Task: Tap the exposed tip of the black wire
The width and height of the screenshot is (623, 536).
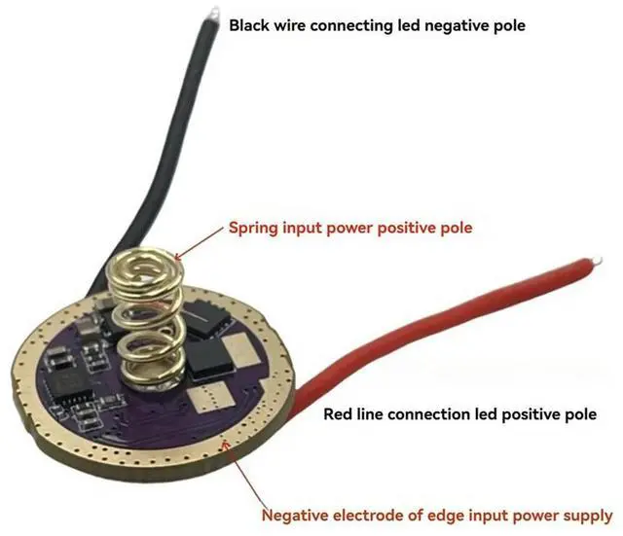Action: (x=211, y=13)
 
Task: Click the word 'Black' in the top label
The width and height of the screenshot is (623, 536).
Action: (x=249, y=25)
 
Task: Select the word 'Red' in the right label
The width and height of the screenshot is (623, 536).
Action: (x=339, y=414)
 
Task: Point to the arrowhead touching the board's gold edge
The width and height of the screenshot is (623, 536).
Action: (x=228, y=444)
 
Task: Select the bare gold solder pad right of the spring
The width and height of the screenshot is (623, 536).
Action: (x=239, y=348)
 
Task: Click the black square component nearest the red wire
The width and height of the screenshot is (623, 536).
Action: (x=211, y=360)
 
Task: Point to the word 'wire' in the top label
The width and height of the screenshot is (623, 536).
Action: (x=297, y=25)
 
